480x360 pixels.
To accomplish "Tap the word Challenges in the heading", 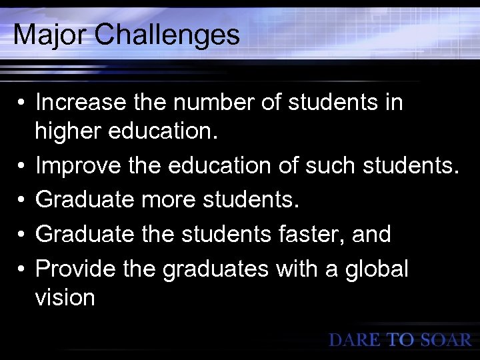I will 167,35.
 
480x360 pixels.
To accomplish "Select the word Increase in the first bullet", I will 80,103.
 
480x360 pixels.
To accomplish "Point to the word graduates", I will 229,269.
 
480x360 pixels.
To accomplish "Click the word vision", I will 65,298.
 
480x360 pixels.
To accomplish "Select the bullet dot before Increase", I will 22,104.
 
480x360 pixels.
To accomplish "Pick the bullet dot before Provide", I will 22,270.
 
